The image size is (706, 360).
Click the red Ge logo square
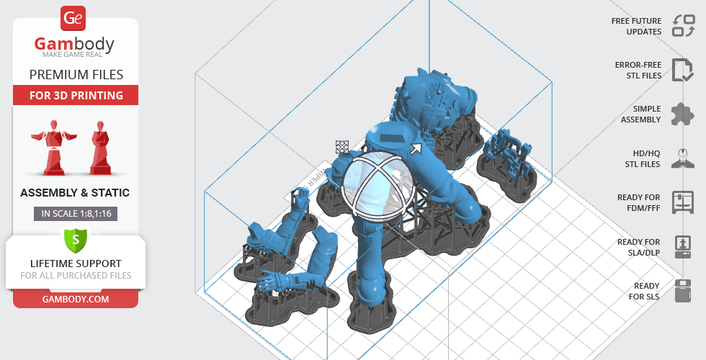coord(73,18)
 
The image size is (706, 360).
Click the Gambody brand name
coord(74,44)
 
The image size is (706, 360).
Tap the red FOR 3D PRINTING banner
coord(76,95)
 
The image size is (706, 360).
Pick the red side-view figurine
coord(100,148)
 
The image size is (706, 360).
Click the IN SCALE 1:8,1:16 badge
coord(76,214)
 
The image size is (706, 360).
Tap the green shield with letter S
coord(76,240)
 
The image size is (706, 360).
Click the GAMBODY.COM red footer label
coord(76,300)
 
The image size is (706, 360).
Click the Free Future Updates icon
coord(684,26)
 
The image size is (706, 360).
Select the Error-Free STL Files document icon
coord(683,70)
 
